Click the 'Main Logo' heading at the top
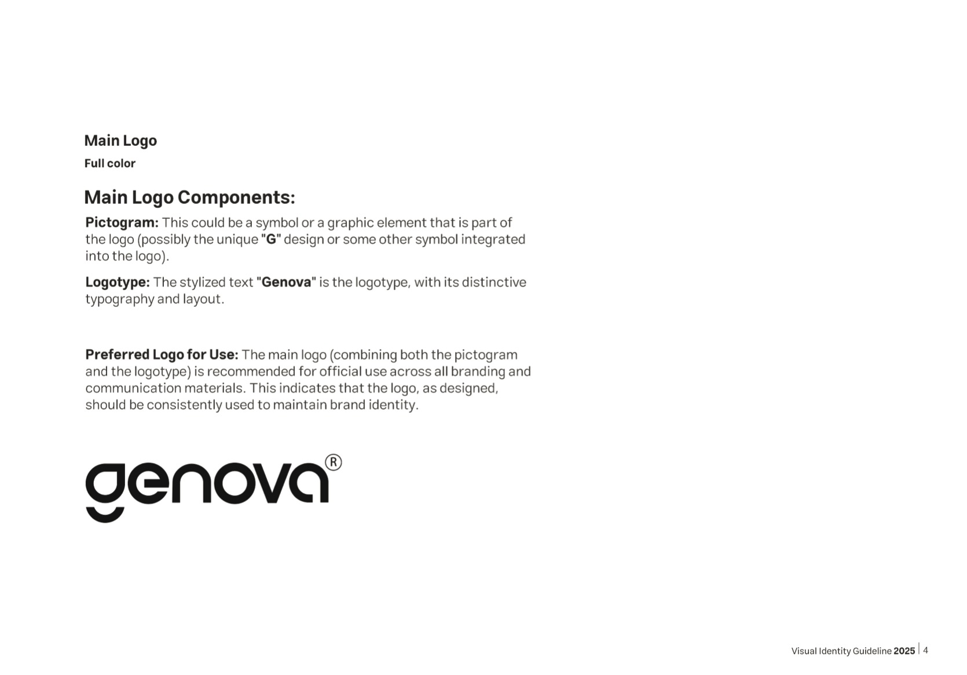pos(120,141)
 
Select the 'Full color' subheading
pos(110,163)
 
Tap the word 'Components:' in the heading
pos(236,197)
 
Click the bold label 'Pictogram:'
pos(122,223)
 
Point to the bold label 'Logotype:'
pos(118,283)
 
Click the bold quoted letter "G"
pos(271,240)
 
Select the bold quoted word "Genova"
pos(286,283)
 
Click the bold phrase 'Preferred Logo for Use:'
pos(162,355)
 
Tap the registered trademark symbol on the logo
pos(334,463)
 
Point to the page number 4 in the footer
pos(925,650)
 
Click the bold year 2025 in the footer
pos(904,651)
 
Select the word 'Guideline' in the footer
pos(872,651)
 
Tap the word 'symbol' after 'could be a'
pos(277,223)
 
